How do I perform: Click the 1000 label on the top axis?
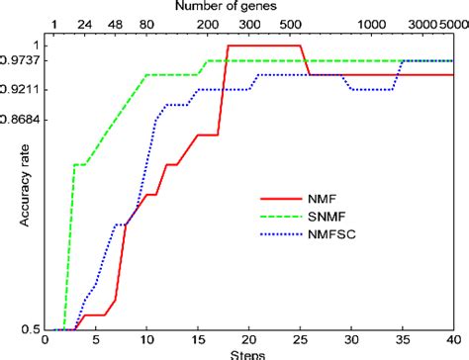coord(372,25)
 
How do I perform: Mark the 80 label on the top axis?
coord(146,25)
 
